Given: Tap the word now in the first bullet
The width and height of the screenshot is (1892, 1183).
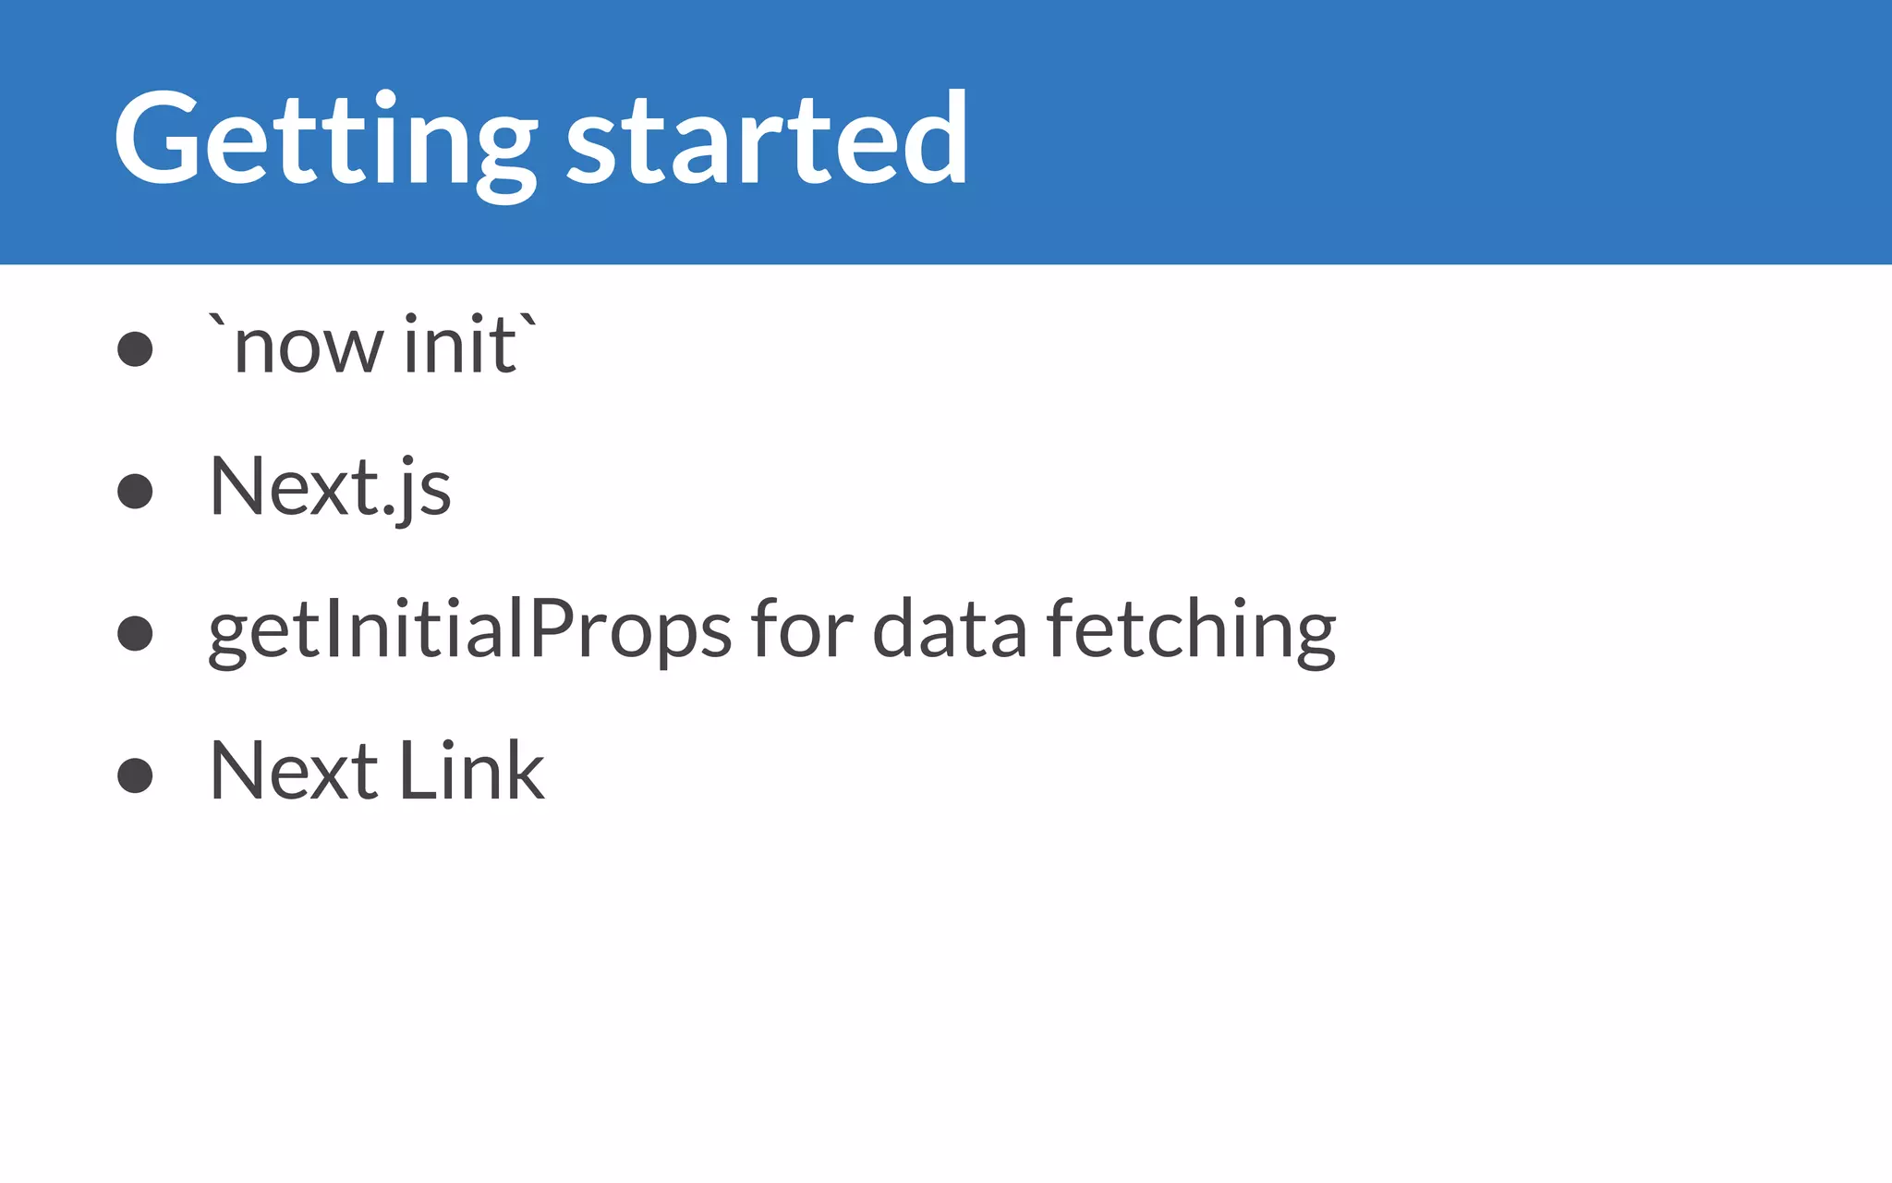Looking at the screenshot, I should click(309, 348).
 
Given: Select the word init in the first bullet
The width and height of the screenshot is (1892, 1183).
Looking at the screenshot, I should click(460, 344).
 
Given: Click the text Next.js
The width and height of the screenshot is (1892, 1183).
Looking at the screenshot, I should click(330, 487).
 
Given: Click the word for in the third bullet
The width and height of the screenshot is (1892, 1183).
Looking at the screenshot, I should click(802, 628).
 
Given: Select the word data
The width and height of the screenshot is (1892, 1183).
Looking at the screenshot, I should click(949, 628).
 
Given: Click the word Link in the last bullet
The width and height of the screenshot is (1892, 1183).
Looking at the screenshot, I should click(471, 771).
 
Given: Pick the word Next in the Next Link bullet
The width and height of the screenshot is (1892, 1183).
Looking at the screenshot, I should click(294, 771).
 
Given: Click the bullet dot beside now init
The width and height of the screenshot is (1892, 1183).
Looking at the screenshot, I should click(135, 349).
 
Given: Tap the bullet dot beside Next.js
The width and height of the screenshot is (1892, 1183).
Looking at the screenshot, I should click(135, 491).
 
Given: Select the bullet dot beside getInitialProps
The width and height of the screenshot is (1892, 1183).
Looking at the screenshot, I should click(135, 633).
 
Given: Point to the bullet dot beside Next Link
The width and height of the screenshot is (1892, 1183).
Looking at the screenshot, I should click(135, 774).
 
